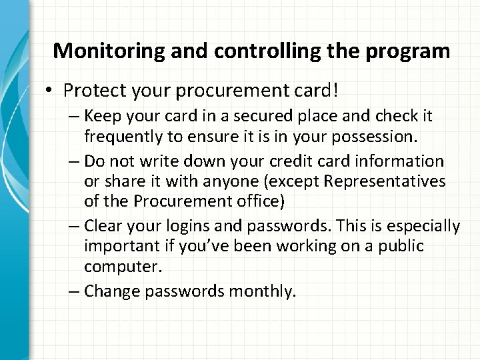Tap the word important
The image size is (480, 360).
click(116, 245)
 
